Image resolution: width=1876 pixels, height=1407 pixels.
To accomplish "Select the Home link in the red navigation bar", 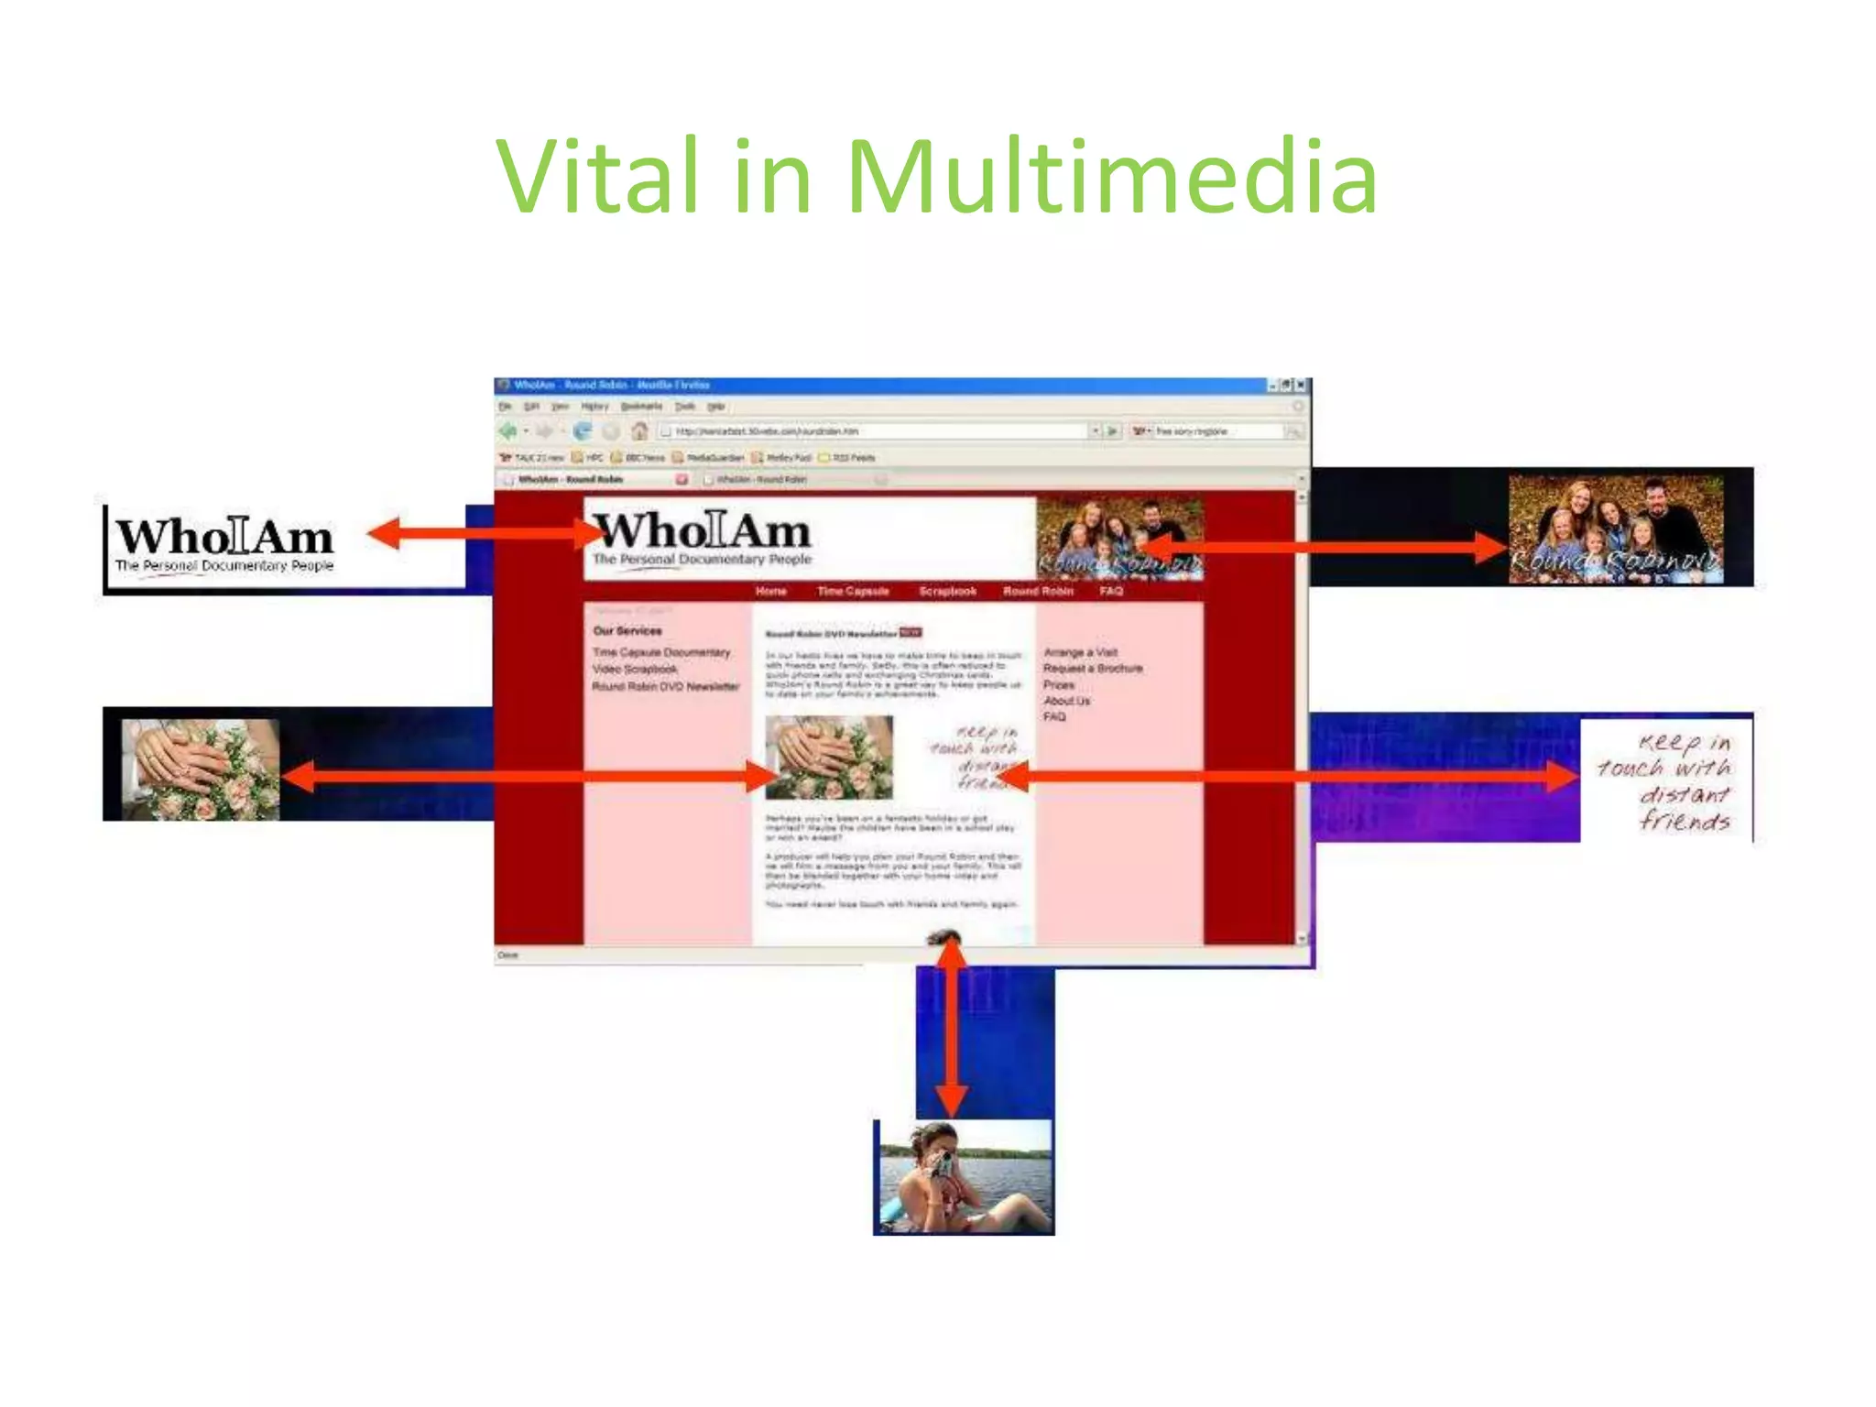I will pos(771,591).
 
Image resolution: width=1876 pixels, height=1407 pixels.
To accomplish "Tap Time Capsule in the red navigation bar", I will pos(853,591).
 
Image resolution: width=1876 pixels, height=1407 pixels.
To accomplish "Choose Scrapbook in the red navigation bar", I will pos(947,591).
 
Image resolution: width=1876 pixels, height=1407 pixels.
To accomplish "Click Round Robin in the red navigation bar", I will pos(1038,591).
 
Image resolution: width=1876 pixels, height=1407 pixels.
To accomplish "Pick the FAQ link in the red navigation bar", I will pos(1111,591).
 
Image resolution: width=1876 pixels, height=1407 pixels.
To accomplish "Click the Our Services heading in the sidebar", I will pos(627,631).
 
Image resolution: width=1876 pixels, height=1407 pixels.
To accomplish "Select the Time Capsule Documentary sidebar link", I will pos(661,652).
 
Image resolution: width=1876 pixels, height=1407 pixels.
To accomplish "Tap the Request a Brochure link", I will pos(1093,669).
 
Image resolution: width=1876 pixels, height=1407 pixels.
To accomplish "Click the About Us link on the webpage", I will pos(1067,701).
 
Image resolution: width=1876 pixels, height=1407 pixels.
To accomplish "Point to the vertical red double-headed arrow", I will pos(952,1026).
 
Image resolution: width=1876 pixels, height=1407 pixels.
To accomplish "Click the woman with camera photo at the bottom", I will pos(965,1176).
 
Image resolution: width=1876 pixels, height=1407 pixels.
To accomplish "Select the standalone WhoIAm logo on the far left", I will pos(225,545).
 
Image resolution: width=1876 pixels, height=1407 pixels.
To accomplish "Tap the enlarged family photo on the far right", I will pos(1616,529).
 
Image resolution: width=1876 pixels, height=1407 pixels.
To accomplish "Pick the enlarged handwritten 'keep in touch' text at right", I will pos(1667,780).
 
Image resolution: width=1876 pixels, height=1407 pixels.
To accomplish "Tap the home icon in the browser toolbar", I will pos(639,431).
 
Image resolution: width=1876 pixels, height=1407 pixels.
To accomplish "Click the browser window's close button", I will pos(1300,386).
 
